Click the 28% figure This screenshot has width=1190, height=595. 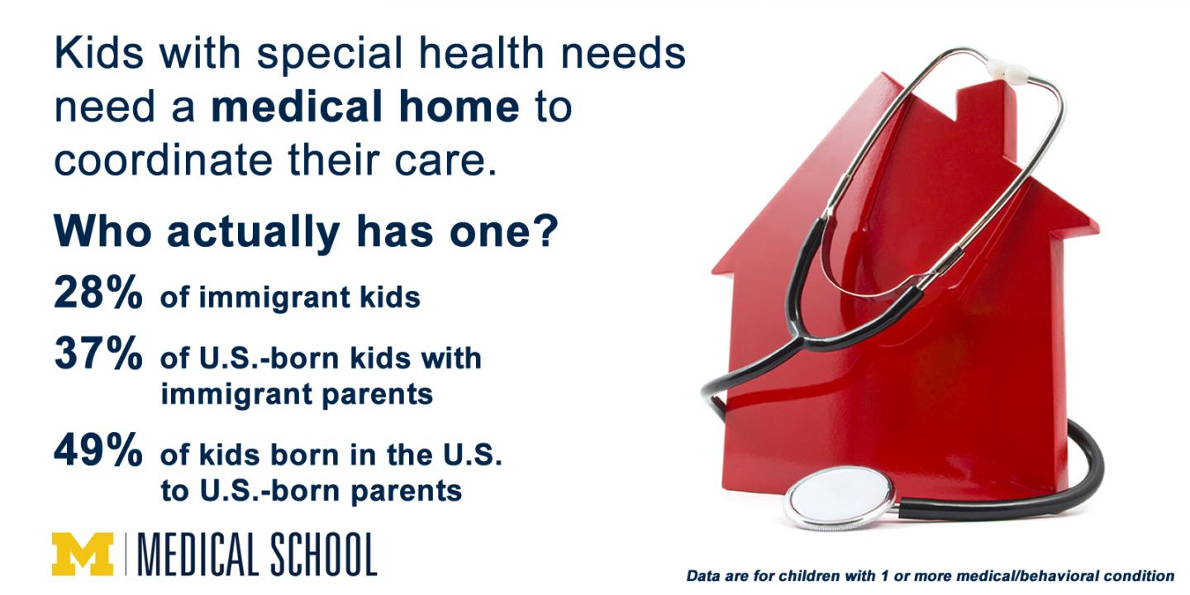(x=98, y=294)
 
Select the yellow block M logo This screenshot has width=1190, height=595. (x=83, y=554)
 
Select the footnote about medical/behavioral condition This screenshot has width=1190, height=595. (x=930, y=576)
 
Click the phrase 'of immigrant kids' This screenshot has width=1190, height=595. (x=290, y=297)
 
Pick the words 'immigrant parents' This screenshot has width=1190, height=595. (x=297, y=394)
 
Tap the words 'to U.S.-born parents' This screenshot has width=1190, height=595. (x=311, y=491)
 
